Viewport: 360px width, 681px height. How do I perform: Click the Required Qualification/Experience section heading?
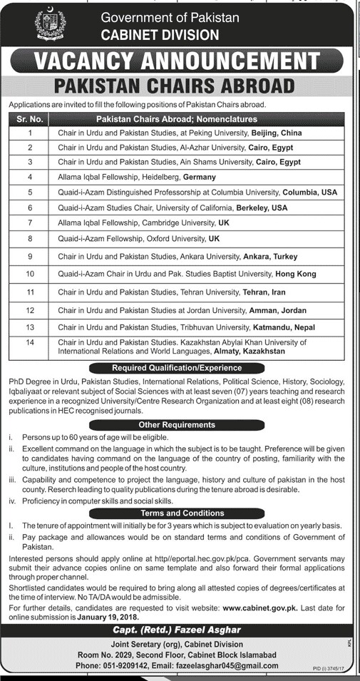coord(180,368)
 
